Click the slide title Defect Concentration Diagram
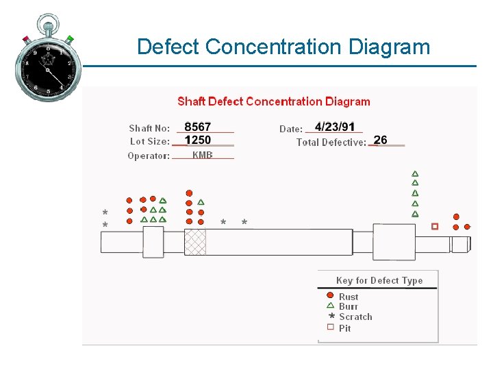click(283, 47)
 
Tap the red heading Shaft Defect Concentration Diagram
click(273, 102)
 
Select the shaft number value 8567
click(198, 127)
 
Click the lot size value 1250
click(198, 140)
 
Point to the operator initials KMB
click(202, 155)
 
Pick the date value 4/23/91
click(335, 127)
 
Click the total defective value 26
click(381, 140)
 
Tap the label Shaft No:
click(149, 128)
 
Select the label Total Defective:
click(331, 143)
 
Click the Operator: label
click(149, 156)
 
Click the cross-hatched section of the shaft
click(195, 242)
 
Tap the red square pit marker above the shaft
click(435, 226)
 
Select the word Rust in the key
click(349, 297)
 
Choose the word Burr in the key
click(349, 307)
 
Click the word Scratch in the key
click(355, 317)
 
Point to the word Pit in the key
click(344, 328)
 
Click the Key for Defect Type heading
click(379, 280)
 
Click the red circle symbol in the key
click(330, 296)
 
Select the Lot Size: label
click(150, 142)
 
